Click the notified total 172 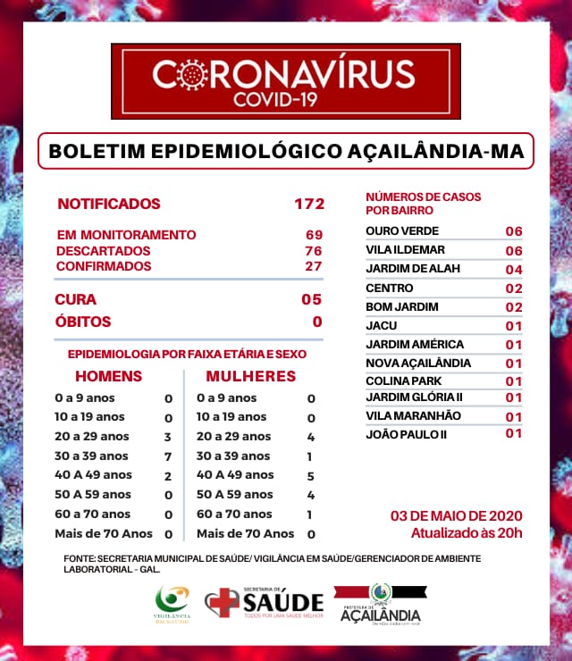[309, 204]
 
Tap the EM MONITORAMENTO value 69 [314, 235]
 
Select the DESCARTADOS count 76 [314, 251]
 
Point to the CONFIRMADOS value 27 [314, 266]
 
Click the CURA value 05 [311, 299]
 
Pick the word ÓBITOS [83, 322]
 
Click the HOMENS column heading [108, 376]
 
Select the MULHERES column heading [251, 376]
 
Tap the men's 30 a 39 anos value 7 [167, 456]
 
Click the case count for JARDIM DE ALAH [513, 270]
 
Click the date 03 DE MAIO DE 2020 [457, 516]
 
